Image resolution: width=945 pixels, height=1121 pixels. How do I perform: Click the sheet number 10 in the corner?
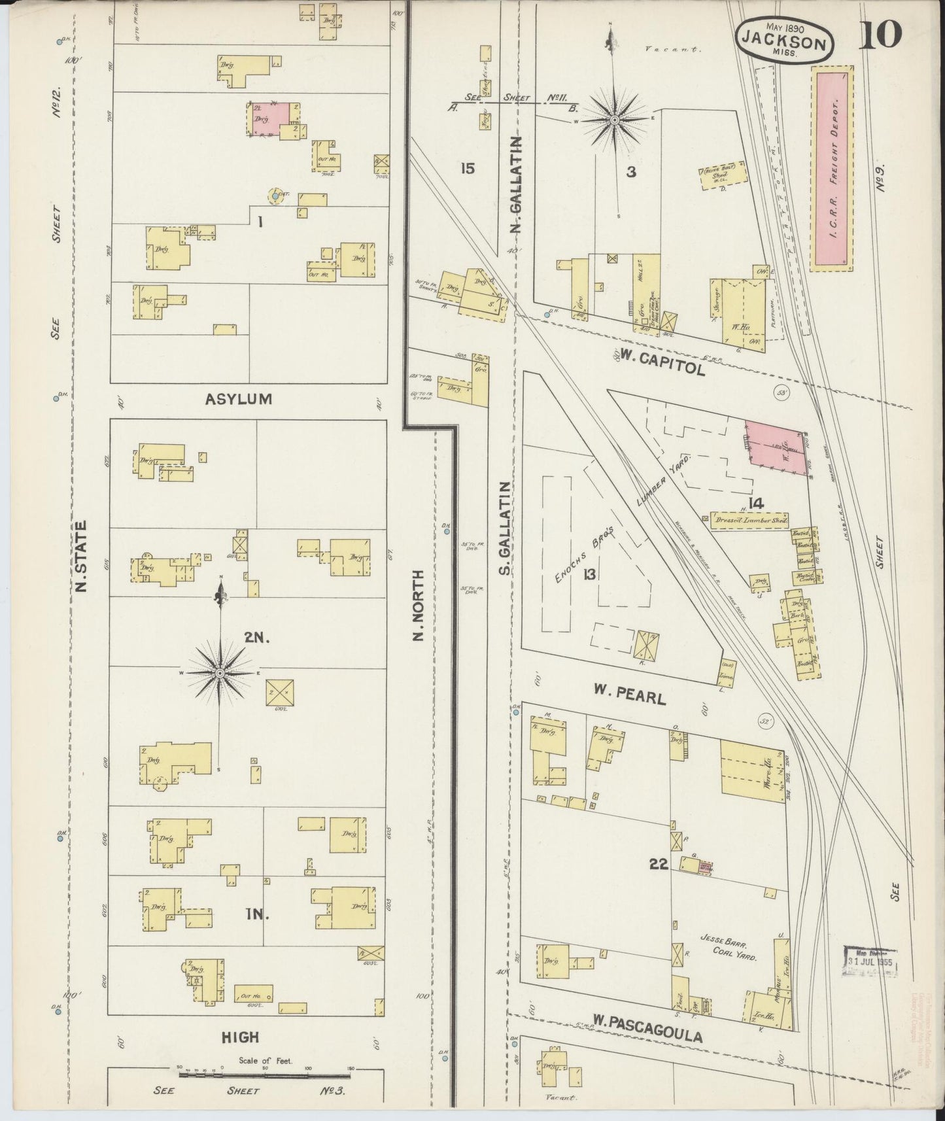(880, 35)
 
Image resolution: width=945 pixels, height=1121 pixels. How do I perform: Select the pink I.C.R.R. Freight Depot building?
(832, 168)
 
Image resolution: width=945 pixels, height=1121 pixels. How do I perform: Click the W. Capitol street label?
(662, 362)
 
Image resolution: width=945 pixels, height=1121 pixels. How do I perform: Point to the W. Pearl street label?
(629, 694)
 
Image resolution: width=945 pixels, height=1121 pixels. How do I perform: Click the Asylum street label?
(239, 398)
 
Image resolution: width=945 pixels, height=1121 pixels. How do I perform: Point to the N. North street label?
(419, 605)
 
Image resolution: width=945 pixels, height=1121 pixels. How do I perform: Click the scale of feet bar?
(265, 1074)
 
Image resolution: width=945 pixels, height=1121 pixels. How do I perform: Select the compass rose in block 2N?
(220, 672)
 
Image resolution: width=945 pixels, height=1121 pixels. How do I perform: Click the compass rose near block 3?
(615, 120)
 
